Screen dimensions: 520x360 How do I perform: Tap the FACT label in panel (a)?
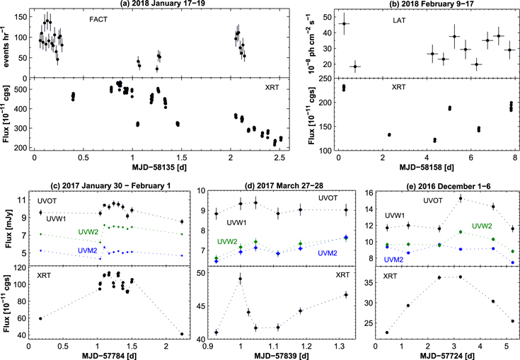(98, 20)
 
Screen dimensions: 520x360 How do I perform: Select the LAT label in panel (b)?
(398, 21)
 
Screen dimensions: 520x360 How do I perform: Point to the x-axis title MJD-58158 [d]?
(427, 167)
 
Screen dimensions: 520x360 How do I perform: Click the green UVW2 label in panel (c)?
(88, 232)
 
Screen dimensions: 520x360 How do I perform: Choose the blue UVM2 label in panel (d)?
(328, 253)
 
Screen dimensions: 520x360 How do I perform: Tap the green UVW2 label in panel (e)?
(483, 226)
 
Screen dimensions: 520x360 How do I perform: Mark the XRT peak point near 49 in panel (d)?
(241, 279)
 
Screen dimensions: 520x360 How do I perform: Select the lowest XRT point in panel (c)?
(182, 334)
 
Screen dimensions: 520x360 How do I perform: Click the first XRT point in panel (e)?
(387, 332)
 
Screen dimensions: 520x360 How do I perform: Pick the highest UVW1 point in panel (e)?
(461, 199)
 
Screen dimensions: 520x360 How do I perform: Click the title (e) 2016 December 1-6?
(449, 186)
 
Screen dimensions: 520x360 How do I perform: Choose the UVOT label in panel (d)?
(328, 198)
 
